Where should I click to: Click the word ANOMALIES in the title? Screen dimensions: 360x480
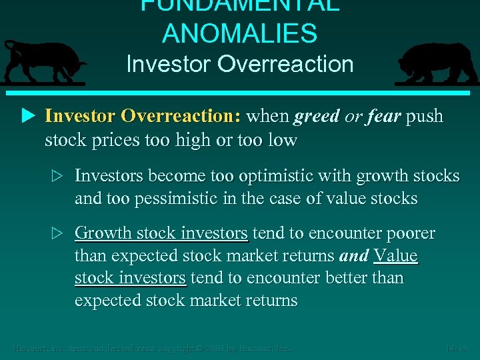(239, 33)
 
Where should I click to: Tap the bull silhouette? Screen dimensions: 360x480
(43, 62)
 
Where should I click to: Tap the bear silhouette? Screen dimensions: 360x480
(437, 63)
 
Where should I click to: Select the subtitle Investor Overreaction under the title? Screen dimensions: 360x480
(239, 65)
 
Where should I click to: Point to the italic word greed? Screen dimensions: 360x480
(316, 116)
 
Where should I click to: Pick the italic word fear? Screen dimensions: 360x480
(383, 116)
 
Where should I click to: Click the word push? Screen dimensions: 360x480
(425, 116)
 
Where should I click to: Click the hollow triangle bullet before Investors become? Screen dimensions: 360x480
(57, 176)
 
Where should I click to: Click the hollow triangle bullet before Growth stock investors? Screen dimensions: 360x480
(57, 233)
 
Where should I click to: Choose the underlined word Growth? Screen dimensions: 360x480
(103, 233)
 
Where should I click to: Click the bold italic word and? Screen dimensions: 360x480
(354, 256)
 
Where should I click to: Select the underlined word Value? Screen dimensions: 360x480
(395, 256)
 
